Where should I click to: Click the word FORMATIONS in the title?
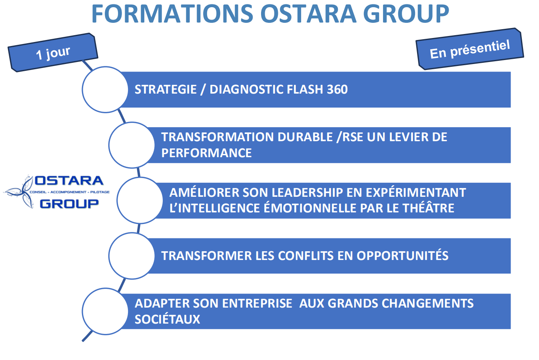[172, 14]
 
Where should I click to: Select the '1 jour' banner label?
[53, 53]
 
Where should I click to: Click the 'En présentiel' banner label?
[470, 49]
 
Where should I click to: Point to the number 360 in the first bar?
[337, 89]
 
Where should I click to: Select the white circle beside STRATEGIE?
[105, 90]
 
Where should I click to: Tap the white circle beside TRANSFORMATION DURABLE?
[132, 145]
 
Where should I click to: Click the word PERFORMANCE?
[206, 153]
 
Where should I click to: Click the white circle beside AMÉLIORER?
[140, 200]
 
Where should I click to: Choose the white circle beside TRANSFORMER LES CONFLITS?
[132, 256]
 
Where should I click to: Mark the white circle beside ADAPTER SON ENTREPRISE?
[105, 311]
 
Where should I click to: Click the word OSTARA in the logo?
[69, 180]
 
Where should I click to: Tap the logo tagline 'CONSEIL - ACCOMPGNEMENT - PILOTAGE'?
[70, 192]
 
